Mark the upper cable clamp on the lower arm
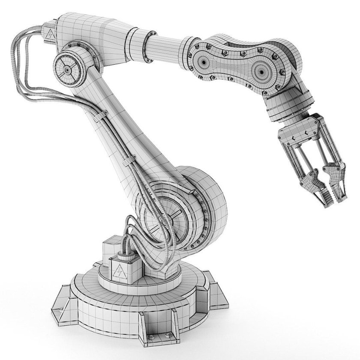click(x=99, y=118)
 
